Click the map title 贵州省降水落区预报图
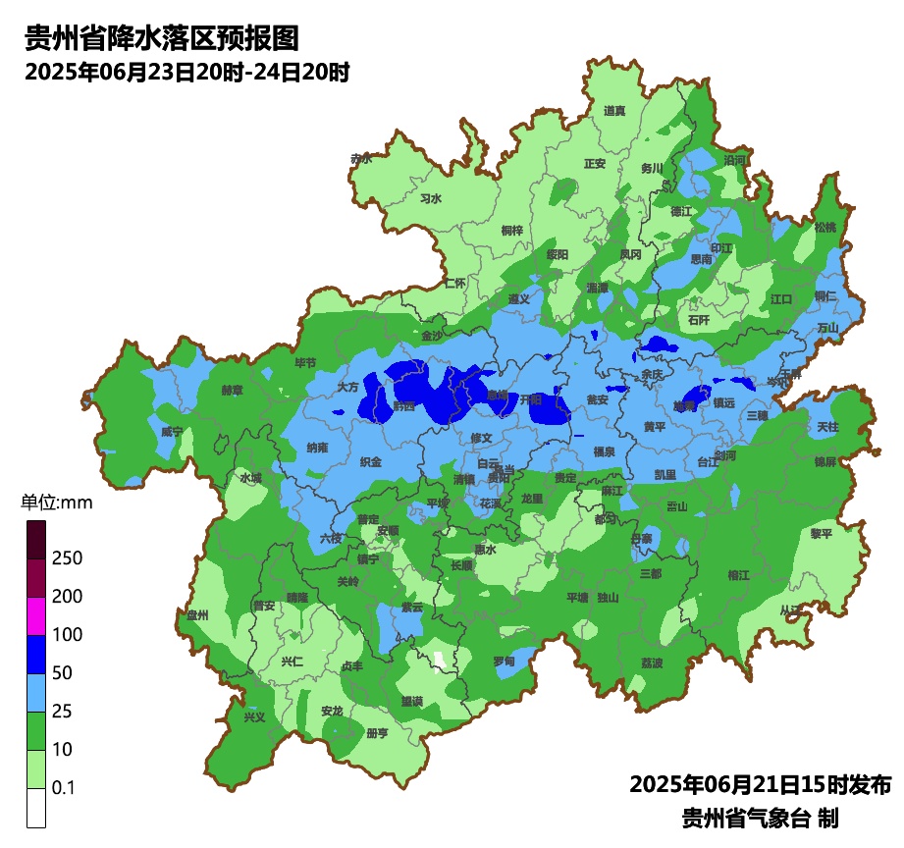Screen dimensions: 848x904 pyautogui.click(x=160, y=38)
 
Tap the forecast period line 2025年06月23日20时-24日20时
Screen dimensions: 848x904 pyautogui.click(x=187, y=73)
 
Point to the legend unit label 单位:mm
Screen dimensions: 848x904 pyautogui.click(x=56, y=503)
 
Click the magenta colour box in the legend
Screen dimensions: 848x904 pyautogui.click(x=36, y=616)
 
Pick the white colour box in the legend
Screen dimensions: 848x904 pyautogui.click(x=36, y=808)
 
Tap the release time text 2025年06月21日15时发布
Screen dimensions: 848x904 pyautogui.click(x=760, y=785)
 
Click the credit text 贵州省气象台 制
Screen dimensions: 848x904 pyautogui.click(x=760, y=818)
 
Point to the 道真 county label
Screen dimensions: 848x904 pyautogui.click(x=614, y=111)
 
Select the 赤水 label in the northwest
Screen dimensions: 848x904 pyautogui.click(x=361, y=158)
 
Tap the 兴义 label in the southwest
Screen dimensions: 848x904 pyautogui.click(x=254, y=717)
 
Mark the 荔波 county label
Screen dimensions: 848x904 pyautogui.click(x=652, y=662)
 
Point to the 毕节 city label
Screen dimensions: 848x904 pyautogui.click(x=305, y=363)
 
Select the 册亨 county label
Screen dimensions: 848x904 pyautogui.click(x=377, y=733)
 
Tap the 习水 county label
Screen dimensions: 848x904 pyautogui.click(x=431, y=198)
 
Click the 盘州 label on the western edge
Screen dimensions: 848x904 pyautogui.click(x=198, y=615)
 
